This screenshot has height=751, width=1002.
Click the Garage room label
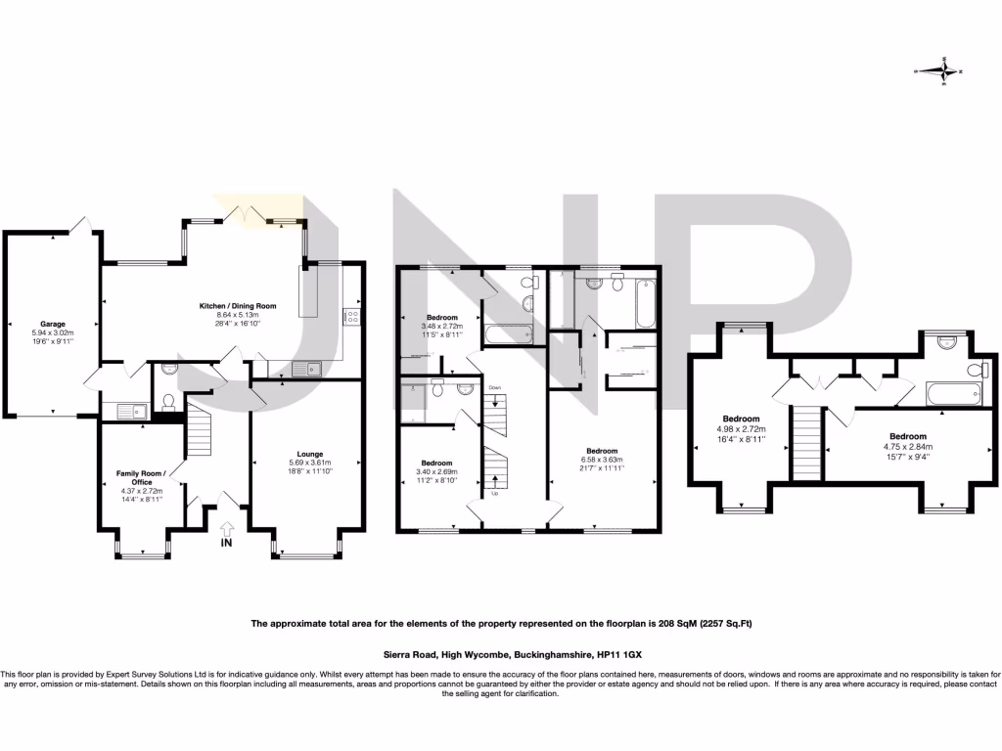[52, 324]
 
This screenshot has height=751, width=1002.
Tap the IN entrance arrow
[228, 529]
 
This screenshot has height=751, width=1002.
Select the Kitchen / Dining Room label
[238, 306]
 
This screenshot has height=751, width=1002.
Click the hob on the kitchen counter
[350, 316]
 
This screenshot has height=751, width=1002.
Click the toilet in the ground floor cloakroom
[167, 402]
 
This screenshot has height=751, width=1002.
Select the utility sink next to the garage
[129, 411]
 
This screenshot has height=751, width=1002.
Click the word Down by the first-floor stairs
[494, 388]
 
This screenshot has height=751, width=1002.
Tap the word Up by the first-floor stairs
[494, 493]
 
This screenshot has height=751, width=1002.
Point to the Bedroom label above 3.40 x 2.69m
[436, 463]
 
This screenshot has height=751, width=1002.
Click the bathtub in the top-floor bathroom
[953, 394]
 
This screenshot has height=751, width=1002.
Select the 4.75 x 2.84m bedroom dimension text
[908, 446]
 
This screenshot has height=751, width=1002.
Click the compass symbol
[943, 70]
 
